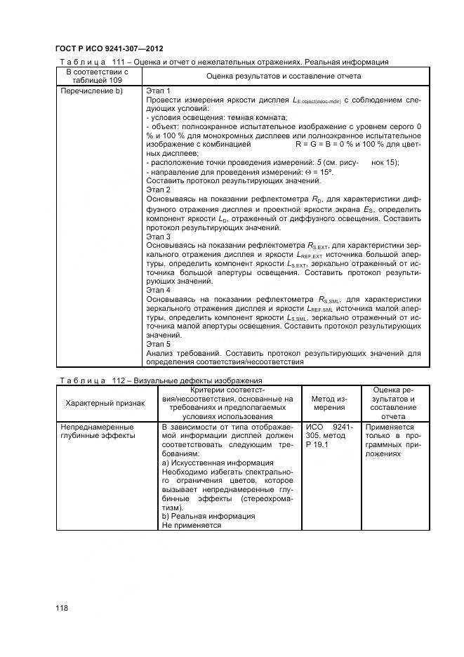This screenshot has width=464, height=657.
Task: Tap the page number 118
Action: [62, 608]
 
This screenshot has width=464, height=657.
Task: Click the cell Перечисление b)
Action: [92, 91]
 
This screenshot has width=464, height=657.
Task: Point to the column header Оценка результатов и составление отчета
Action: [284, 76]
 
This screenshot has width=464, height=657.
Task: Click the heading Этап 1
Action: [158, 91]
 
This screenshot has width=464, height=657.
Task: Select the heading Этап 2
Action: [158, 190]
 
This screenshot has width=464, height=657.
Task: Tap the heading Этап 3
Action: [158, 237]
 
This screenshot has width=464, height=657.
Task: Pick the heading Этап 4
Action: [158, 290]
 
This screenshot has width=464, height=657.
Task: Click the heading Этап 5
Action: [158, 345]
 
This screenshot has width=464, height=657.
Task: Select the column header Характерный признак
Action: [105, 403]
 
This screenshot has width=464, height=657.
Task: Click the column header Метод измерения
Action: [329, 403]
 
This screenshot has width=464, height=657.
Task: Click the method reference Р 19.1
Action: [317, 445]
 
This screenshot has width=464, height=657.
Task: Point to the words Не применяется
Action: [192, 525]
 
